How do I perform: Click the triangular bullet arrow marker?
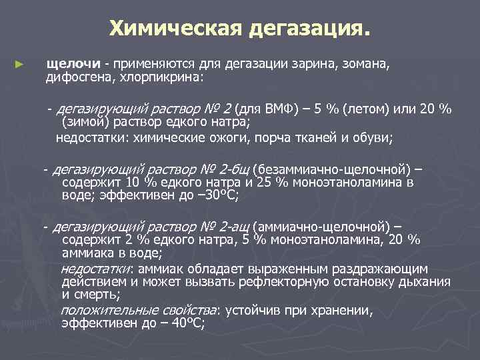[x=19, y=65]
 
